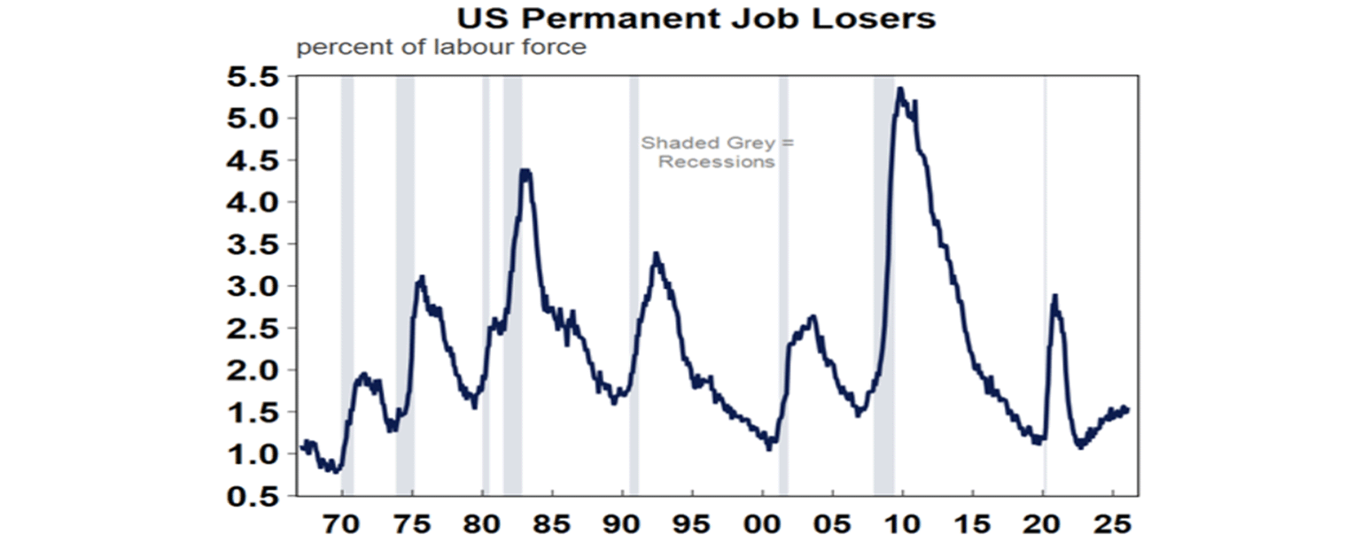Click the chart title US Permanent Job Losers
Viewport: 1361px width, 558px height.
[x=696, y=18]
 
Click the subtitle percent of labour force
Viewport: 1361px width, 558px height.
[x=440, y=47]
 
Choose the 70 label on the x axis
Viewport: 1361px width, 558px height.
[x=342, y=524]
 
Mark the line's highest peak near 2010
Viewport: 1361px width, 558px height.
[x=900, y=89]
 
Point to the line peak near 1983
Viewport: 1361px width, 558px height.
[x=525, y=171]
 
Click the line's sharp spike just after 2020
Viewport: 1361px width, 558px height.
[x=1054, y=296]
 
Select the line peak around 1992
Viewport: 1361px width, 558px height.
[x=656, y=254]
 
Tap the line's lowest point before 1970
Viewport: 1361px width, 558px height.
[x=335, y=470]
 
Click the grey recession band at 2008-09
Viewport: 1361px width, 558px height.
[x=883, y=266]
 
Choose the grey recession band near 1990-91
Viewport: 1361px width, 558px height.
[x=634, y=266]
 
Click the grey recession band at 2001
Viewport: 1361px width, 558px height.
[x=783, y=266]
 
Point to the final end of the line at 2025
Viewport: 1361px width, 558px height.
[x=1127, y=409]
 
